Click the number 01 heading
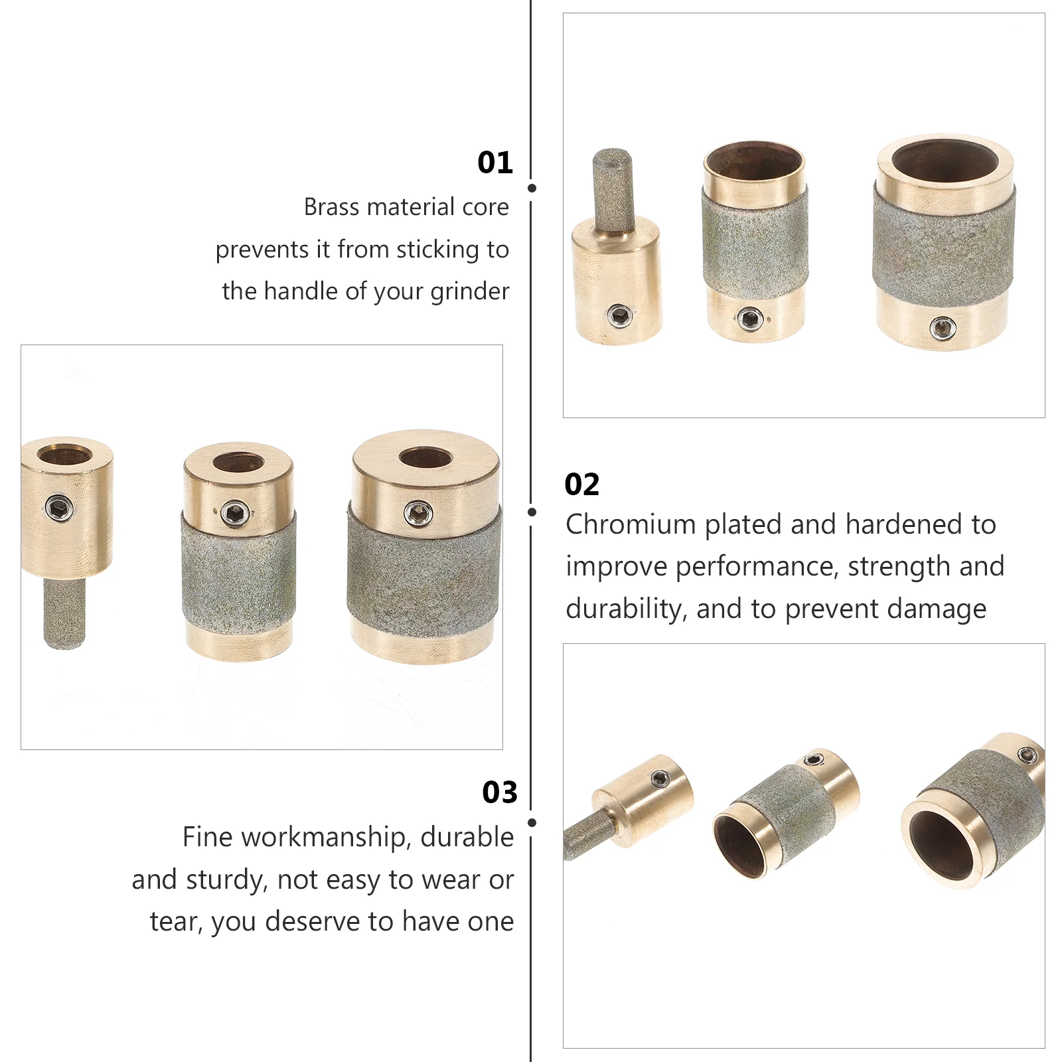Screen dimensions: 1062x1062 tap(495, 163)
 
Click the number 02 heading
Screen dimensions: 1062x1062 tap(582, 485)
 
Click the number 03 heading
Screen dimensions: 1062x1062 tap(500, 792)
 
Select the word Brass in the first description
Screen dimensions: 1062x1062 tap(331, 207)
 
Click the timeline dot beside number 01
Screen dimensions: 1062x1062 tap(532, 189)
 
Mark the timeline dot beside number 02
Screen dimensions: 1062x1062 tap(532, 512)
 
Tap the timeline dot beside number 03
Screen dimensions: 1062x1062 tap(532, 822)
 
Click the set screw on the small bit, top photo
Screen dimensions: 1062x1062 tap(619, 316)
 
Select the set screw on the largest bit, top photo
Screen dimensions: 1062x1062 tap(943, 327)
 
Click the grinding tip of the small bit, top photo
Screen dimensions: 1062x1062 tap(612, 189)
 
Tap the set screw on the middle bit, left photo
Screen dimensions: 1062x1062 tap(235, 512)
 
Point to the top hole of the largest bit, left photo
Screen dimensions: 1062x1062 tap(425, 457)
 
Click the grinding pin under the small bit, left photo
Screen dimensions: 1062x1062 tap(64, 613)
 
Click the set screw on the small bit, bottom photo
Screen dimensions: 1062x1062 tap(660, 779)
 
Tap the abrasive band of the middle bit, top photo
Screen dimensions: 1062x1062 tap(755, 242)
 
